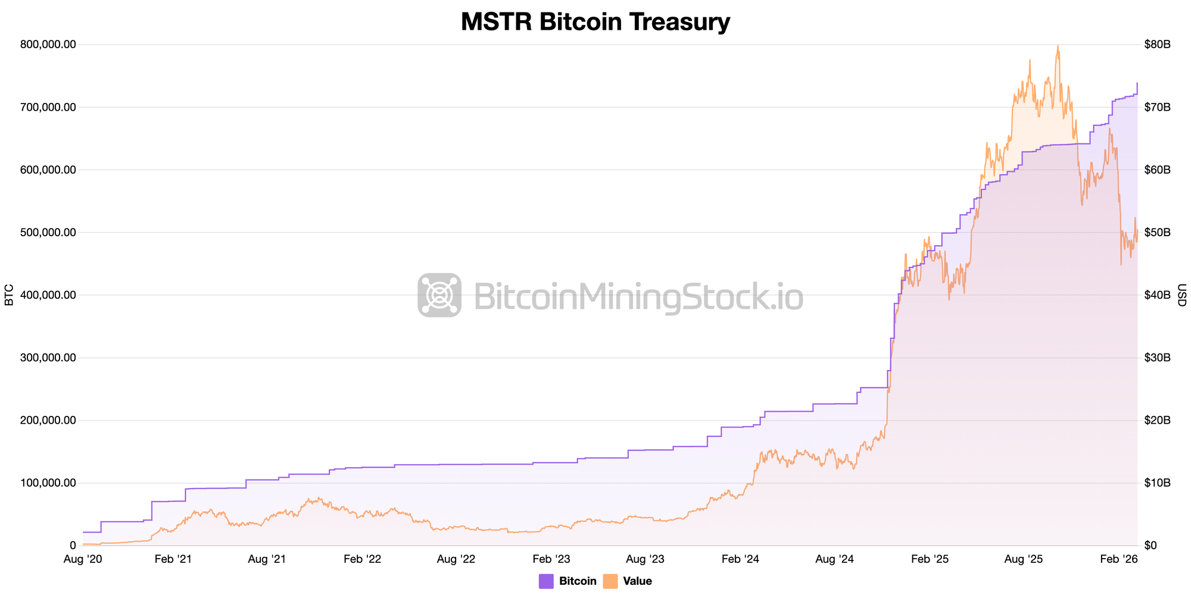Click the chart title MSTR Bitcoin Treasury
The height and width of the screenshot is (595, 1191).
click(595, 22)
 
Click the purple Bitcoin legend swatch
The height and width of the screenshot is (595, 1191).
click(546, 581)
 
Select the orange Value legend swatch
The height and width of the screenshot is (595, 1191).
click(610, 581)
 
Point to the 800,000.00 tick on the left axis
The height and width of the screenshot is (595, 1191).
click(48, 45)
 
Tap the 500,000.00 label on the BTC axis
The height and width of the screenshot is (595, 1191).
click(48, 233)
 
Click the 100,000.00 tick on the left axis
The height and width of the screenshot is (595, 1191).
click(48, 483)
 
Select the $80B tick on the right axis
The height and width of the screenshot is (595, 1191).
click(1157, 45)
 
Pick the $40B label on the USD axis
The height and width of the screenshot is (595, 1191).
click(1157, 295)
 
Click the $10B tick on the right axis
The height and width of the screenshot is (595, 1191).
click(1157, 483)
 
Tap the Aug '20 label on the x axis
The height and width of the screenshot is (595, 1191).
click(83, 559)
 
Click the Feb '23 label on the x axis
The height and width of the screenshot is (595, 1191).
click(551, 559)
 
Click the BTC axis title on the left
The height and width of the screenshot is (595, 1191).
click(9, 295)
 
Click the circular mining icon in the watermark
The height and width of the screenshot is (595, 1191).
click(439, 295)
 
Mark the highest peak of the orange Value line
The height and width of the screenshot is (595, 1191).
click(1058, 46)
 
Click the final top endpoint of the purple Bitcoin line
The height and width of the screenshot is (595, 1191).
click(1137, 83)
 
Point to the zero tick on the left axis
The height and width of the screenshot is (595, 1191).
click(73, 546)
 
